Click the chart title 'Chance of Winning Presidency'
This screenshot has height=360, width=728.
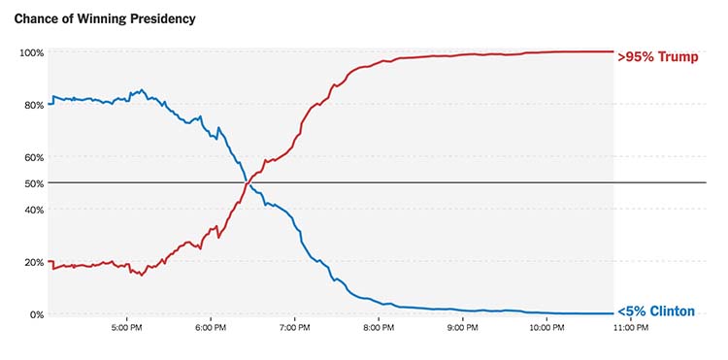tap(104, 19)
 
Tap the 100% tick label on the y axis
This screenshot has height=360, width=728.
tap(32, 52)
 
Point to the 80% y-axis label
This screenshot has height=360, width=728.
tap(34, 105)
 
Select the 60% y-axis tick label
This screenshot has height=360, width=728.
tap(34, 157)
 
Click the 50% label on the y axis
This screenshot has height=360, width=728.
tap(34, 183)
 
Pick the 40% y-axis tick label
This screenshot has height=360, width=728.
tap(34, 210)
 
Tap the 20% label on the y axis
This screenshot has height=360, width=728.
tap(34, 262)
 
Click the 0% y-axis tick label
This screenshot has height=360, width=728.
tap(37, 314)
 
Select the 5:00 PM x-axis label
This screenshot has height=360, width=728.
tap(127, 329)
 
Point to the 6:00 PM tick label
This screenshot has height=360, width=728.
tap(211, 329)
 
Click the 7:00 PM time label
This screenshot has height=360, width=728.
tap(294, 329)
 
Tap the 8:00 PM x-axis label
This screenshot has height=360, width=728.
tap(379, 329)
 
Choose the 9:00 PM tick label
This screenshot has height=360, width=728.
tap(462, 329)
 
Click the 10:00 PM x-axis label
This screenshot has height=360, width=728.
tap(546, 329)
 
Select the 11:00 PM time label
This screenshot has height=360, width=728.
tap(630, 329)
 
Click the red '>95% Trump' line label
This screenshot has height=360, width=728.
tap(657, 57)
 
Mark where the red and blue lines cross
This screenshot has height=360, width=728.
tap(247, 183)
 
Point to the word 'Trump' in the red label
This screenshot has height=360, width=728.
tap(678, 57)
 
